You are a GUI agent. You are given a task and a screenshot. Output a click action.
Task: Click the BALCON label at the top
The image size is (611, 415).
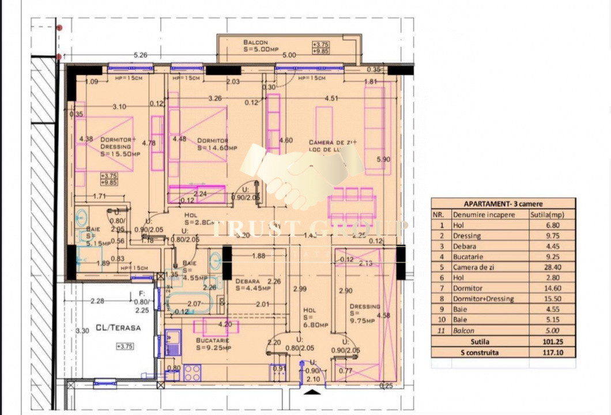tap(255, 43)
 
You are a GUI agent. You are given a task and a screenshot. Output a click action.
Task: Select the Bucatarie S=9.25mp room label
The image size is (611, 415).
tap(213, 344)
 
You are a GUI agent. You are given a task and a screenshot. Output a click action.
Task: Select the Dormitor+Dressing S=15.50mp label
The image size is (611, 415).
tap(119, 146)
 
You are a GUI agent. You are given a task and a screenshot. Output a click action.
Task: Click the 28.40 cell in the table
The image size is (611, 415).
tap(552, 267)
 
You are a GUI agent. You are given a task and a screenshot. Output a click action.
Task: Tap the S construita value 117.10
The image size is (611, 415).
tap(552, 353)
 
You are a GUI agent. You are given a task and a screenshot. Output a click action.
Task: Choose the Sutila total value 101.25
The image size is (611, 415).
tap(552, 341)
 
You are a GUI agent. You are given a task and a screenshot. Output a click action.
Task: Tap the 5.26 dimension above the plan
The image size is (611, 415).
tap(141, 55)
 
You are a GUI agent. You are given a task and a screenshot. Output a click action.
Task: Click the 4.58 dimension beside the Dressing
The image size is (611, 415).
tap(383, 315)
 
